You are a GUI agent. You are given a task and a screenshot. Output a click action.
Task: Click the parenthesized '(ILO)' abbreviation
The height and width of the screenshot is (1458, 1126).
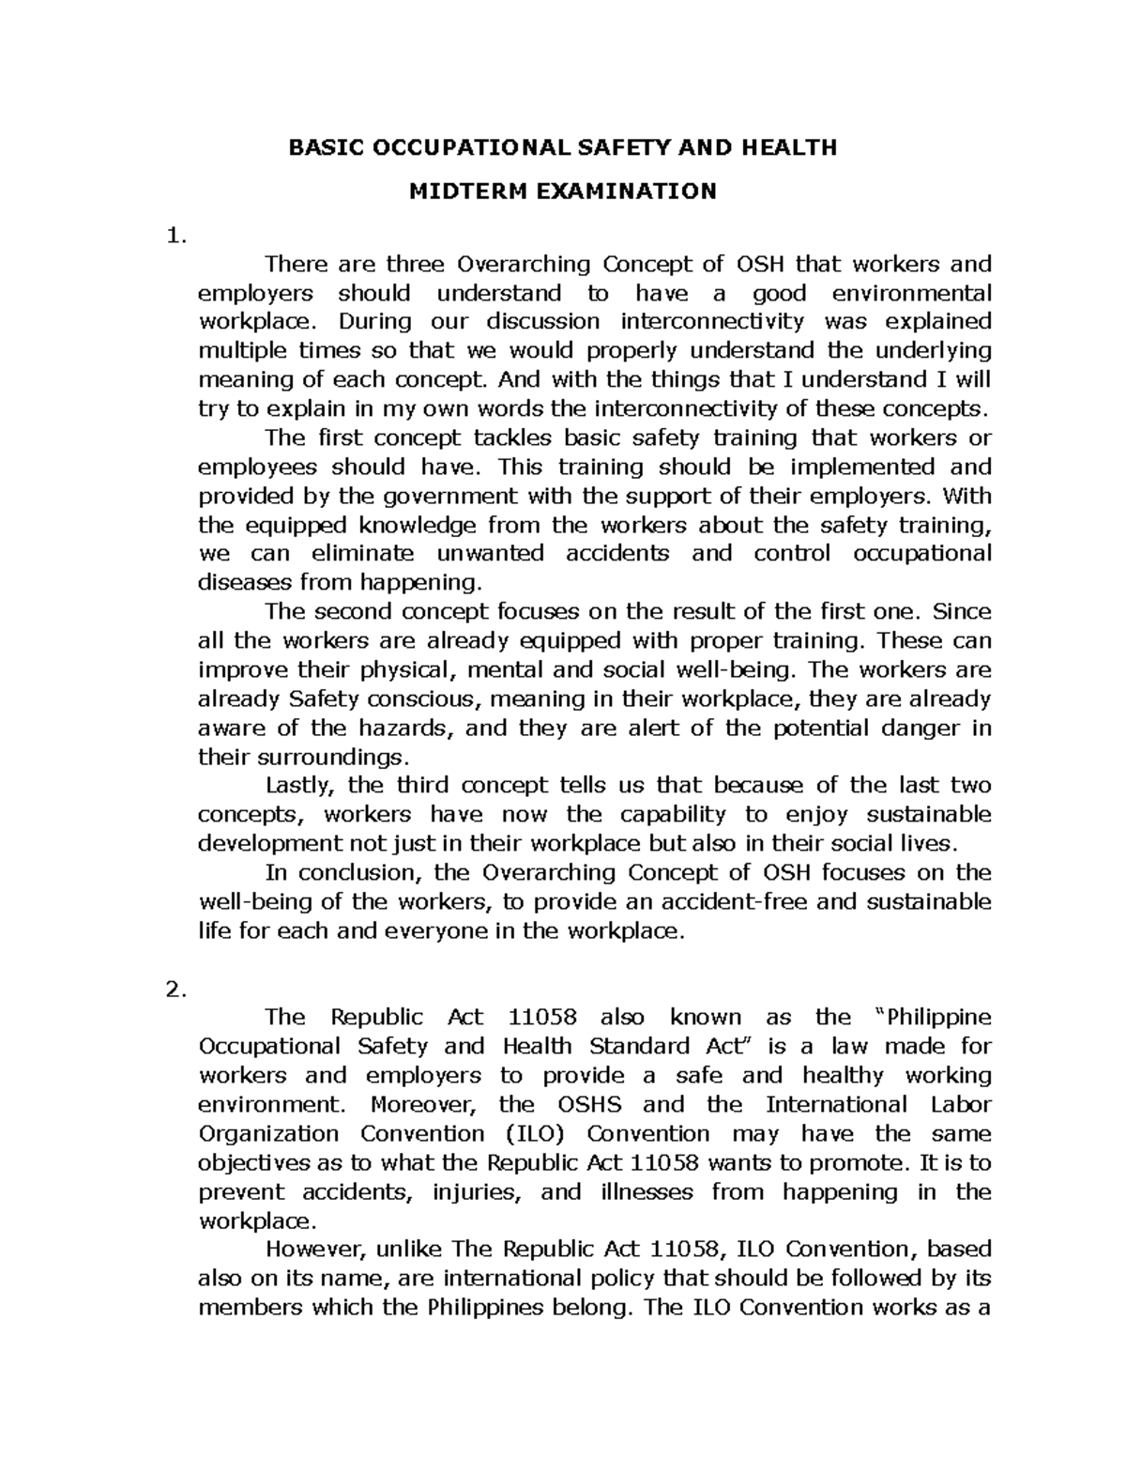tap(535, 1133)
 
